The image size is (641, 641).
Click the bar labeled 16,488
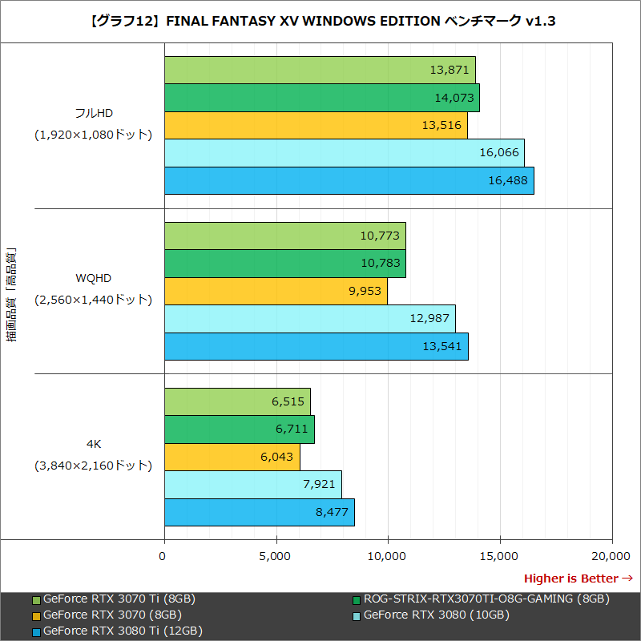(349, 180)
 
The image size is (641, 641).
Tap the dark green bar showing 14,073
(321, 98)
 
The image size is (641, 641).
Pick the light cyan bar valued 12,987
(309, 318)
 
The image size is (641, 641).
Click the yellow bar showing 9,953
(276, 291)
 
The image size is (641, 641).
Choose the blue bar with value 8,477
(259, 512)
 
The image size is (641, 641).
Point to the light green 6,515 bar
(237, 401)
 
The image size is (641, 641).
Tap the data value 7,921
(319, 485)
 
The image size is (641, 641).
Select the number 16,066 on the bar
(500, 153)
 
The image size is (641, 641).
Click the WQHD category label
(93, 278)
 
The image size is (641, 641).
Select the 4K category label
(93, 443)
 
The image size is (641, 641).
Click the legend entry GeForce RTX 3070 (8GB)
(112, 615)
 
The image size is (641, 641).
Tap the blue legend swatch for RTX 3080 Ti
(36, 631)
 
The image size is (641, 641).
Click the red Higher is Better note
(578, 579)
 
